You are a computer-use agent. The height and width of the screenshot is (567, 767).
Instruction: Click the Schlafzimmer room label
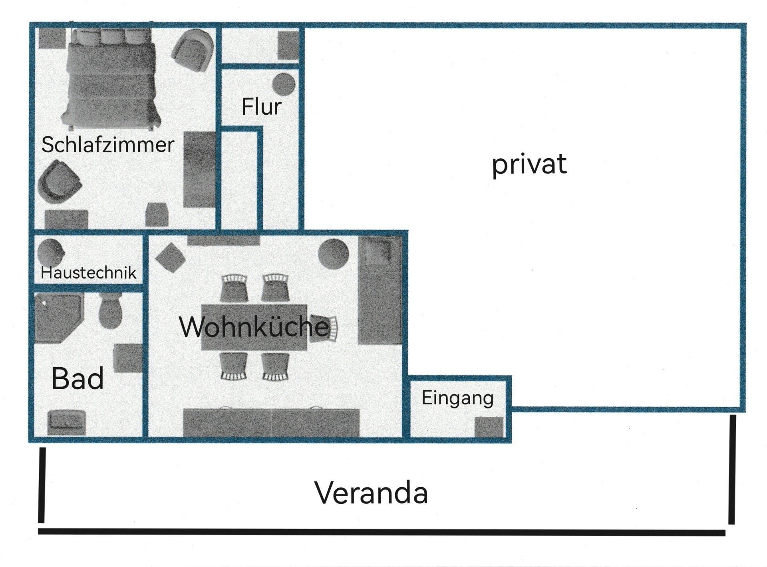click(x=108, y=145)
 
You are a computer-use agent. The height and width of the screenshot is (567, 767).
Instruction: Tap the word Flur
click(x=262, y=107)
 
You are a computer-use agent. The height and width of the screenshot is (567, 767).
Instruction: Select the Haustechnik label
click(x=89, y=273)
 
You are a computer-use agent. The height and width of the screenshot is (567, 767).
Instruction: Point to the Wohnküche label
click(x=254, y=326)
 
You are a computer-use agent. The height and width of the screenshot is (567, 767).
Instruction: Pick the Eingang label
click(x=458, y=399)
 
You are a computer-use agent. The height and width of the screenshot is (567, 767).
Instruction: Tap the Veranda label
click(x=372, y=493)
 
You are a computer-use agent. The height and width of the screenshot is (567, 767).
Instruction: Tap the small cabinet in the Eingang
click(x=489, y=427)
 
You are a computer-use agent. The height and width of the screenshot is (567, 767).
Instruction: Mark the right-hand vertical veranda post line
click(x=732, y=469)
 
